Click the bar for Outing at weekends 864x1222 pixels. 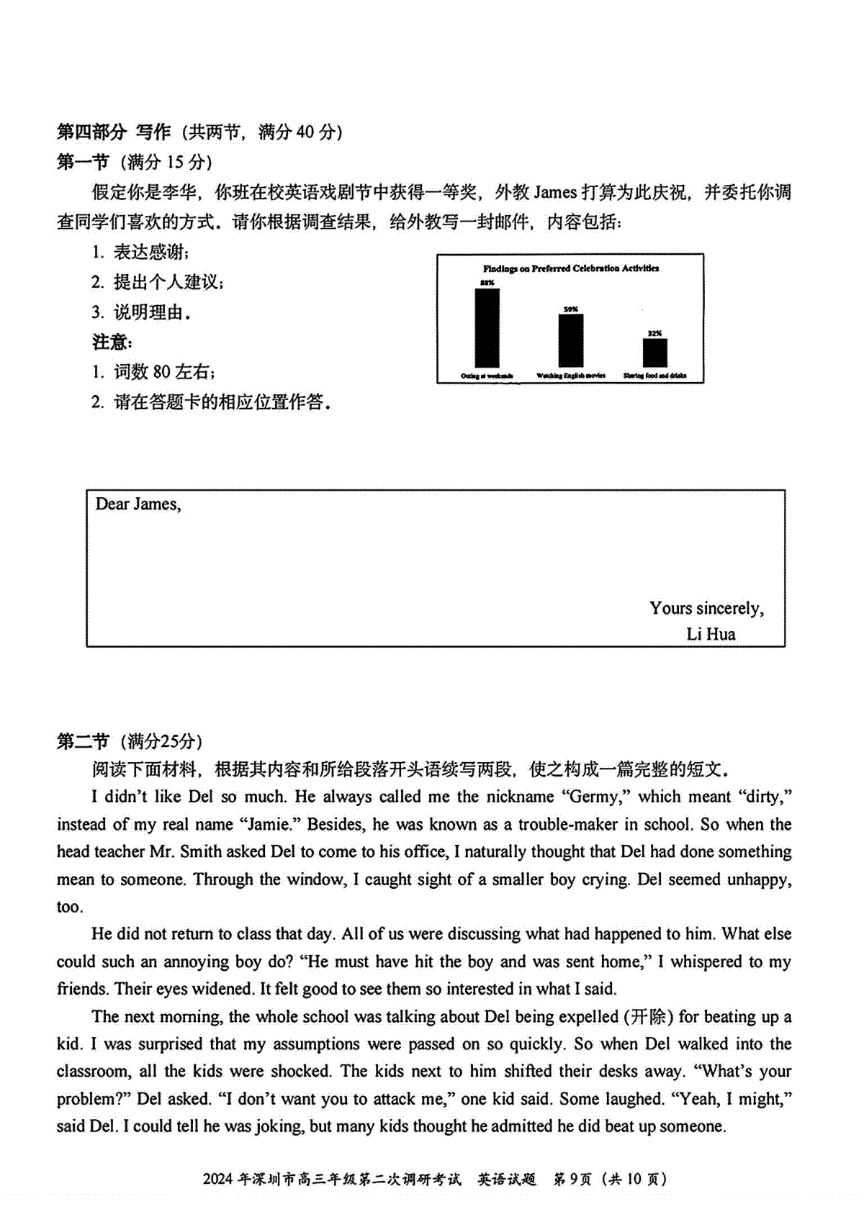[x=487, y=327]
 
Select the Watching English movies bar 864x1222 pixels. [x=571, y=340]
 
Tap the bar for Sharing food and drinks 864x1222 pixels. [x=654, y=353]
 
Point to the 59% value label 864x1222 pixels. [x=571, y=309]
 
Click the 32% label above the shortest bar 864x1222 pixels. [x=654, y=333]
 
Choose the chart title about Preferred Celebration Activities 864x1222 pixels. [x=570, y=268]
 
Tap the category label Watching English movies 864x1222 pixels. [x=571, y=376]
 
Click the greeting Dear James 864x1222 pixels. [x=138, y=504]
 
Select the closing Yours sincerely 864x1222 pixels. [x=706, y=609]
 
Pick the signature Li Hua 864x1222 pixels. [x=711, y=634]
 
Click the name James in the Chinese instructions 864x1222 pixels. [x=555, y=192]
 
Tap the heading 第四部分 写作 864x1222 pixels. [x=114, y=132]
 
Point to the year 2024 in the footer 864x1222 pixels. [x=218, y=1179]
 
